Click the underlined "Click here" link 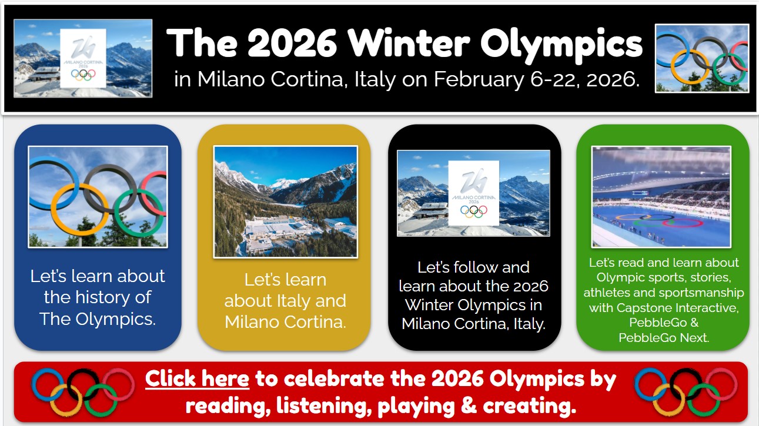pos(198,379)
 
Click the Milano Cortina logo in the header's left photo pos(83,58)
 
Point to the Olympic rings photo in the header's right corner pos(702,58)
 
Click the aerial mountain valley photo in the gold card pos(286,202)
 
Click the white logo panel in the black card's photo pos(473,193)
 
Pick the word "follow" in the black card pos(474,267)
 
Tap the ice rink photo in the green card pos(661,197)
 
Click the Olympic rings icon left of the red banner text pos(83,392)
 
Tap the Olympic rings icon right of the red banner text pos(686,392)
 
